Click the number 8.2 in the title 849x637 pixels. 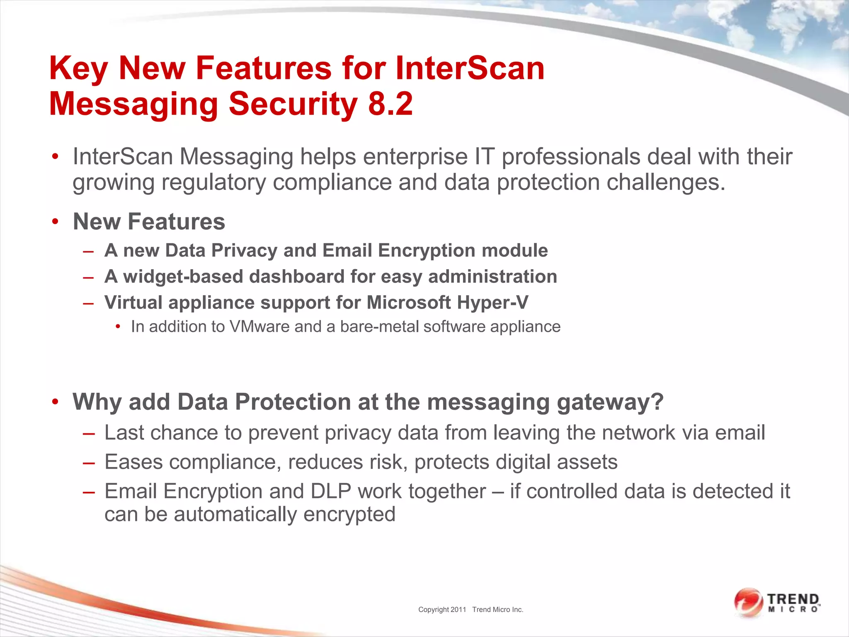pos(390,104)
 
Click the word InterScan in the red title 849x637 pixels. pos(470,68)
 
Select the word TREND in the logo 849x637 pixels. pos(793,599)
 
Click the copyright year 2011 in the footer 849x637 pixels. pos(458,610)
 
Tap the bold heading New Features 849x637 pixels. pos(149,221)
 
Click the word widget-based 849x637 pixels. pos(183,277)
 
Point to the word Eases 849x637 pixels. pos(133,462)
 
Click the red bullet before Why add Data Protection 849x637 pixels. pos(56,402)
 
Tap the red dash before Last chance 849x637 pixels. pos(89,433)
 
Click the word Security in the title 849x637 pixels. pos(293,104)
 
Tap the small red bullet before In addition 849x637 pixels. pos(118,327)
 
